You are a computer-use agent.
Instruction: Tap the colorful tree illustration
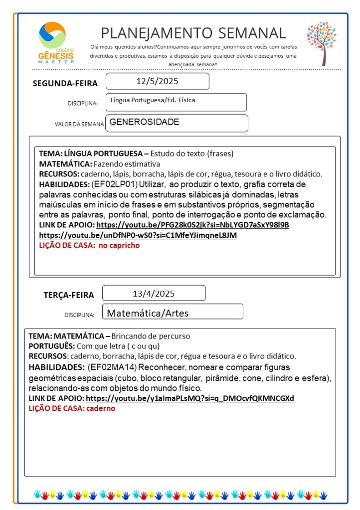coord(321,43)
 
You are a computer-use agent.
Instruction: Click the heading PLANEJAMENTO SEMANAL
coord(193,33)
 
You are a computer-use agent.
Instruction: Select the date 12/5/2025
coord(157,81)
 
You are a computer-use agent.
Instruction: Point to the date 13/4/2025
coord(154,293)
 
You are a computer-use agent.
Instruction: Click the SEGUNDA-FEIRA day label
coord(65,83)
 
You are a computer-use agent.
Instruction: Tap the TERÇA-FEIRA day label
coord(69,295)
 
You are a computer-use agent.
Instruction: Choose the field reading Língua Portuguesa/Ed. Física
coord(153,101)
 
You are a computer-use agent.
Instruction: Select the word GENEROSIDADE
coord(144,122)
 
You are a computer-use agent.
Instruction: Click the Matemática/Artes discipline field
coord(148,313)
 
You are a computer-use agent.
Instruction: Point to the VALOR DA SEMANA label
coord(79,124)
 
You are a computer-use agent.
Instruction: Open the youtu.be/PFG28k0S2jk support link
coord(192,225)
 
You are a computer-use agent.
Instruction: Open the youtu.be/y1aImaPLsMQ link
coord(190,398)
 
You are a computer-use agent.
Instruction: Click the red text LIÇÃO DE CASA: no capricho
coord(90,245)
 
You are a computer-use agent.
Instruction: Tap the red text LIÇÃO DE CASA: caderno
coord(72,408)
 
